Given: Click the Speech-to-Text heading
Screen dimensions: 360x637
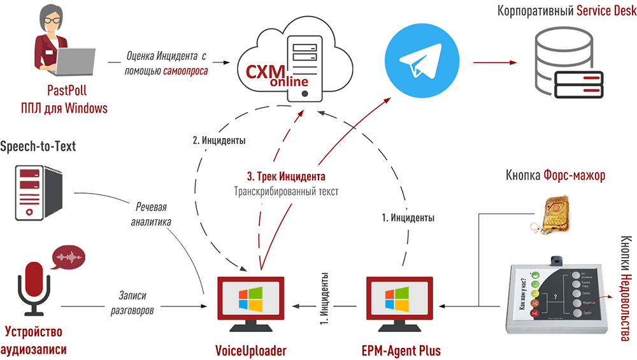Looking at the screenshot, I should [38, 147].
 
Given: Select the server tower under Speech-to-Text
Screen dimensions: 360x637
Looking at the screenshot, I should [38, 192].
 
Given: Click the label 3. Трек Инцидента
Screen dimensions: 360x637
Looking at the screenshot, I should [286, 176].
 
